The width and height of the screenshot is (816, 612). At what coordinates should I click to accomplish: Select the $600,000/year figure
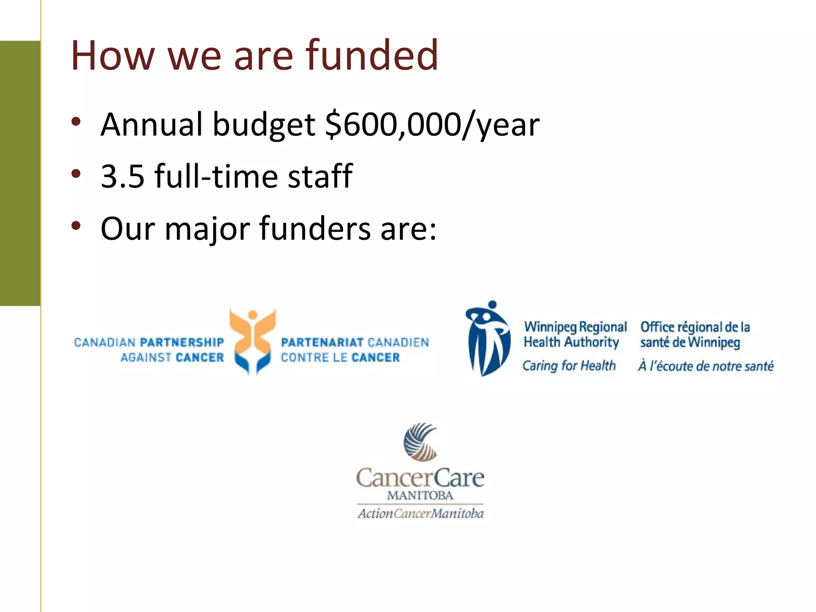[x=432, y=124]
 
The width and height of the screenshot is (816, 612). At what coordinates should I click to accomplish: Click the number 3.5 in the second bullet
[x=122, y=176]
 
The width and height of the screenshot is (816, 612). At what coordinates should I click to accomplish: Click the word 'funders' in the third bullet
[x=315, y=229]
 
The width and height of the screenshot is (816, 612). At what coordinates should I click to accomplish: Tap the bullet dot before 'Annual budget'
[x=76, y=122]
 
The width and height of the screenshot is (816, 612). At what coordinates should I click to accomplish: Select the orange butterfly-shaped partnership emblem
[x=253, y=341]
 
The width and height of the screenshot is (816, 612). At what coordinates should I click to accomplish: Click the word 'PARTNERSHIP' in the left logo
[x=182, y=342]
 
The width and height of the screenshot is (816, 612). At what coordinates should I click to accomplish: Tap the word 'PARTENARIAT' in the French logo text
[x=322, y=342]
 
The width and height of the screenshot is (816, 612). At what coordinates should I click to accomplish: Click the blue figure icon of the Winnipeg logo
[x=488, y=339]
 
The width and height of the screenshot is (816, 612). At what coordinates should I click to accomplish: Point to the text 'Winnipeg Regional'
[x=575, y=327]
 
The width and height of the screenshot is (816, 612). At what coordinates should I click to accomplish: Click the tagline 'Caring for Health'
[x=569, y=366]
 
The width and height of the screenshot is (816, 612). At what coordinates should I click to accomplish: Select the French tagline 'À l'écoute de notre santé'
[x=706, y=366]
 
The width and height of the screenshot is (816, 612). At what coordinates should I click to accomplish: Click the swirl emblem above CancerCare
[x=420, y=442]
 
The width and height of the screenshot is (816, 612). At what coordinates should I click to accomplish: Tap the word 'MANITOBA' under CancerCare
[x=420, y=496]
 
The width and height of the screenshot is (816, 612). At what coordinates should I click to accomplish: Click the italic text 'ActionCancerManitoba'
[x=420, y=513]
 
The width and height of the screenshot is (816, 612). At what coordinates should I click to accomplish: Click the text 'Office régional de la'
[x=695, y=327]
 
